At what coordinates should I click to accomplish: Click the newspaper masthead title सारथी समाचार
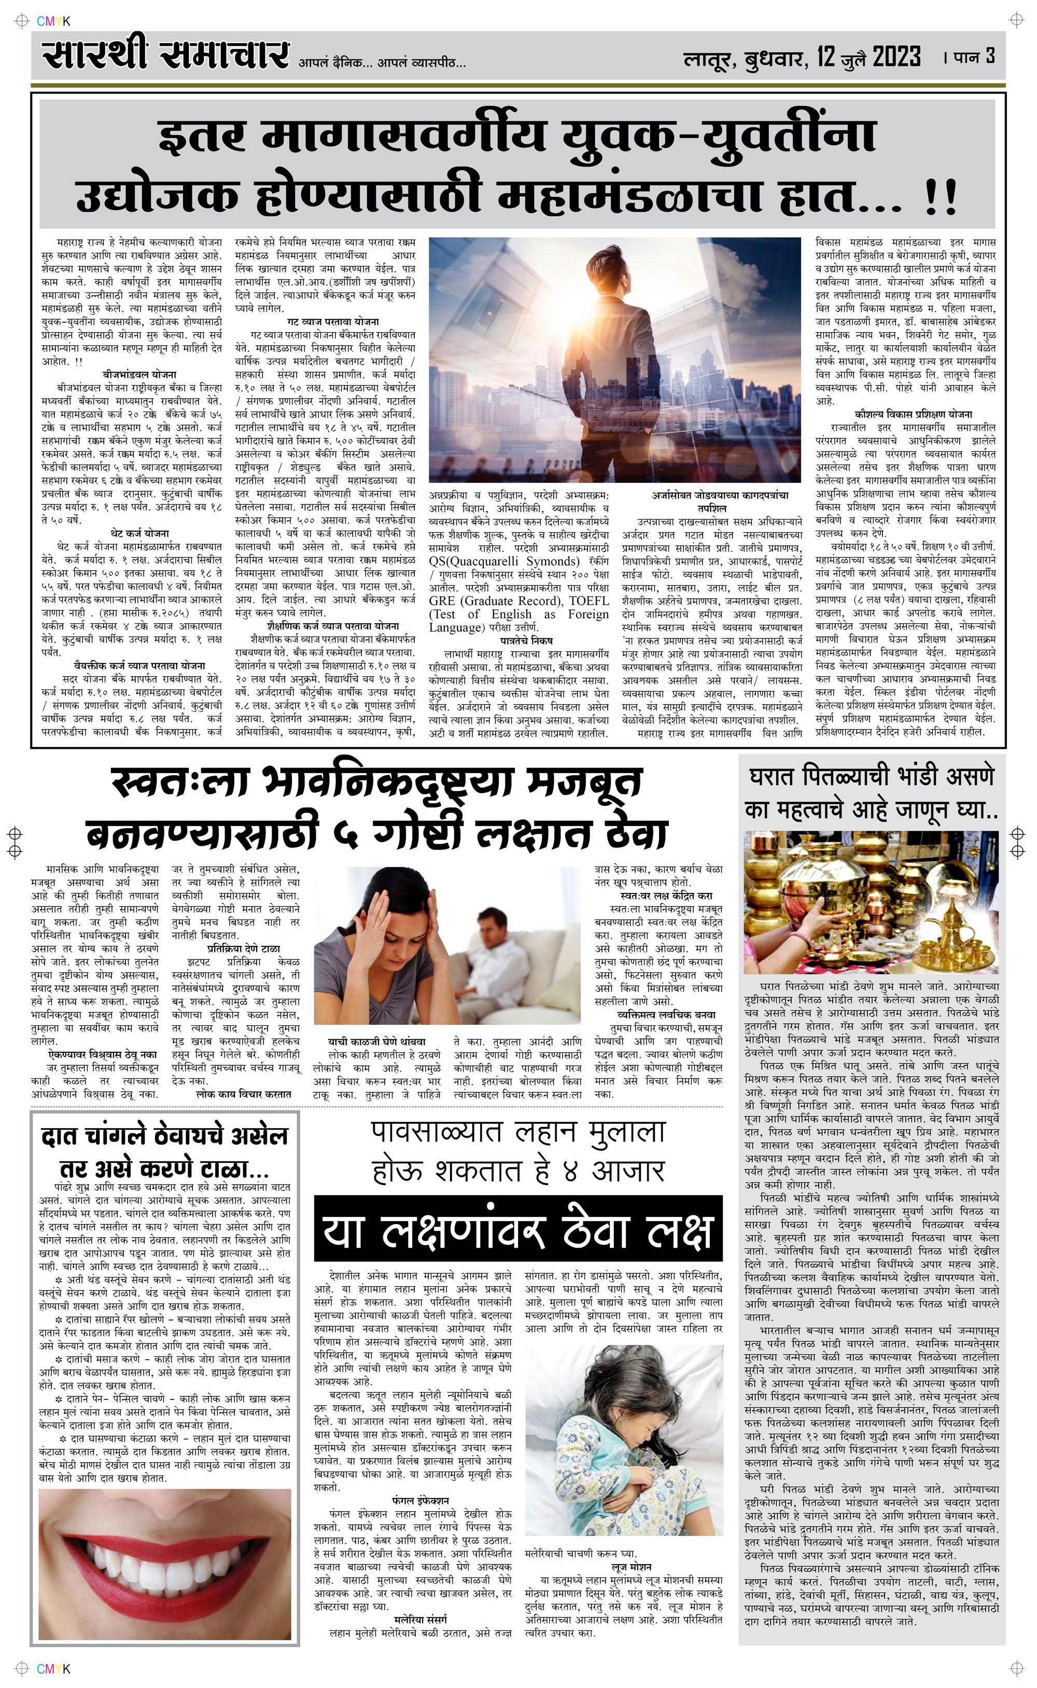(164, 56)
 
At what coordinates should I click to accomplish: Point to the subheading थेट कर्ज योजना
(139, 533)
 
